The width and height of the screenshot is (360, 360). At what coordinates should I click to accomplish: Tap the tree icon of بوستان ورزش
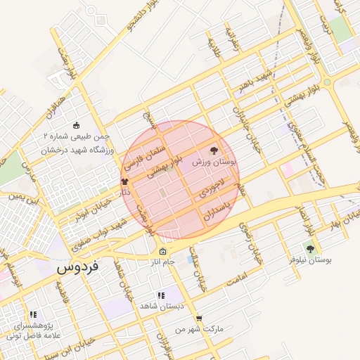(x=214, y=150)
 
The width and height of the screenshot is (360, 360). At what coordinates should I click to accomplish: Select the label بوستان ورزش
(x=214, y=162)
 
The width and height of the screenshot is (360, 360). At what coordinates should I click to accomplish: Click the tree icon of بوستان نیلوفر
(x=310, y=249)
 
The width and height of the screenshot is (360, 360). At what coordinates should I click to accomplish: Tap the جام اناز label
(x=163, y=263)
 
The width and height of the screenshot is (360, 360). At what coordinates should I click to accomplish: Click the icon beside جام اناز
(x=163, y=252)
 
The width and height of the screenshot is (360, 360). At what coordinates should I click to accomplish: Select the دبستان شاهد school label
(x=161, y=307)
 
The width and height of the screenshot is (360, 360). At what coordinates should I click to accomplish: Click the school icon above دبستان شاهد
(x=161, y=296)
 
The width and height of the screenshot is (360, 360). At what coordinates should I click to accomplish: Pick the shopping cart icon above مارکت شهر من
(x=199, y=319)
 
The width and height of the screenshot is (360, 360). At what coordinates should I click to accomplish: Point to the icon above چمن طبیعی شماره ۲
(x=77, y=125)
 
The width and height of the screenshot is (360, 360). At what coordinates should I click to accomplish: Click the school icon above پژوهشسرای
(x=32, y=315)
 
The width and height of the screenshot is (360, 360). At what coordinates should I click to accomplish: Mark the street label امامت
(x=239, y=280)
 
